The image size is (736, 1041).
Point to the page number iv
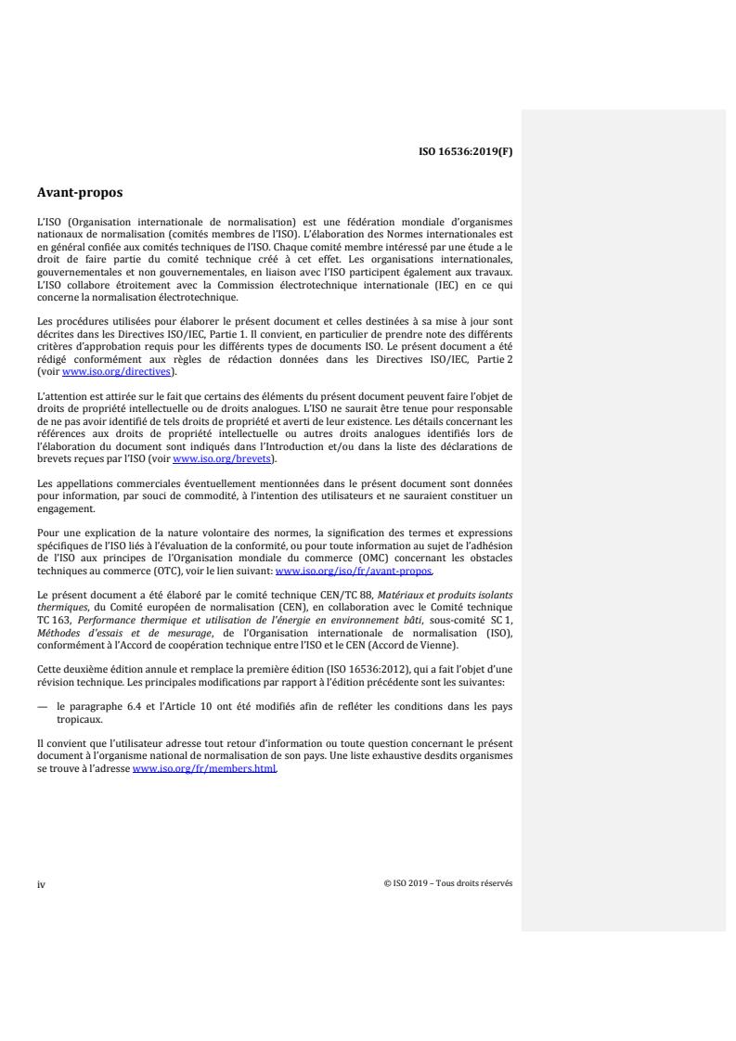(x=41, y=883)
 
